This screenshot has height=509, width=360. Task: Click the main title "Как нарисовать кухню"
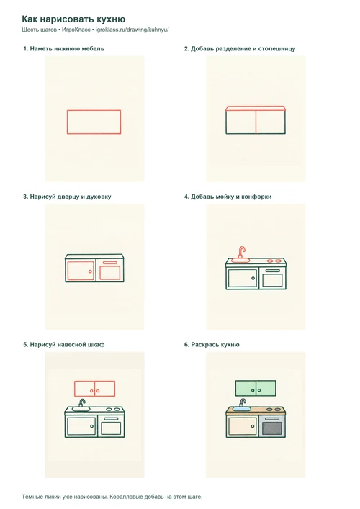click(x=73, y=19)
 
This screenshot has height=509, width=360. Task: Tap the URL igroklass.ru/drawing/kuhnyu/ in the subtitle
click(x=132, y=30)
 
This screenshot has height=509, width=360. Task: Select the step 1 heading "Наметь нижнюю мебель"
click(x=63, y=49)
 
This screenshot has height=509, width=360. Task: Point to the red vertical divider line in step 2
click(x=256, y=122)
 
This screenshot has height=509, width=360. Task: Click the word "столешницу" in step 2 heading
click(x=277, y=49)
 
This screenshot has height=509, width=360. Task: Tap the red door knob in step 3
click(x=90, y=271)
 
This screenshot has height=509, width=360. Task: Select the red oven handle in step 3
click(x=109, y=262)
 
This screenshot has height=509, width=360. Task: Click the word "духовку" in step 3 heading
click(x=99, y=197)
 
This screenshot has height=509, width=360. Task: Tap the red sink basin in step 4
click(x=240, y=260)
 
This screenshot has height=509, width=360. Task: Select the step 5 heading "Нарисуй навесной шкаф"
click(x=63, y=345)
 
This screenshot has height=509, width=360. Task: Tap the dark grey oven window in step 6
click(x=272, y=428)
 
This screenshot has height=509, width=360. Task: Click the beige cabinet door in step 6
click(x=242, y=427)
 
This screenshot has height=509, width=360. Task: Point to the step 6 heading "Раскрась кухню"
click(x=212, y=345)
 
